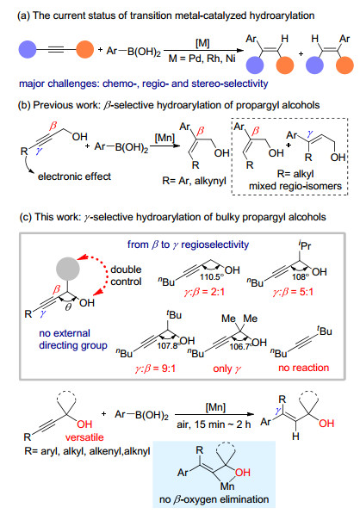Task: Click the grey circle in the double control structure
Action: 68,269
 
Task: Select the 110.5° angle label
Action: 210,277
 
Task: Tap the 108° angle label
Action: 301,277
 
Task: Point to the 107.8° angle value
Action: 169,345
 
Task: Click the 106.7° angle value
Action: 240,346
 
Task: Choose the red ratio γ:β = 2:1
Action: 204,292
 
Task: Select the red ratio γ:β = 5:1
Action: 293,292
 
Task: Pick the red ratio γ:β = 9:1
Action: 155,368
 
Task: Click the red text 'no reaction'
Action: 304,368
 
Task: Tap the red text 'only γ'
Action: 227,368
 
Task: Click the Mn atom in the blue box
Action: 227,486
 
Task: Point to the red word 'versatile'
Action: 84,437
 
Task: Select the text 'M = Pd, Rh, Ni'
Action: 202,59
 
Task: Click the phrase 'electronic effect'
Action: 74,176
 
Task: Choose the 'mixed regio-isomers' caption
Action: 295,186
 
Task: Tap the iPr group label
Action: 305,245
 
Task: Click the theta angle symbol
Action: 68,308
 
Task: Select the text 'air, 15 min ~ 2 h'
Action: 214,424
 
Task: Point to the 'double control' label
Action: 126,276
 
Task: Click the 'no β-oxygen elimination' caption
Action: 214,499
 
